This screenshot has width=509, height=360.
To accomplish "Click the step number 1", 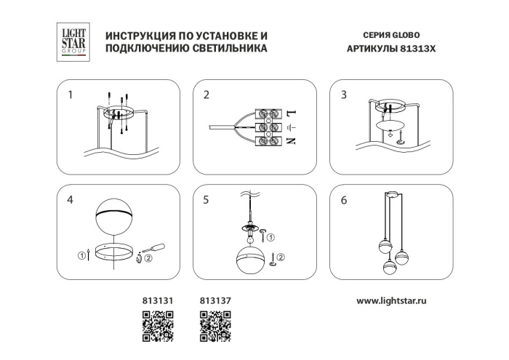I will click(71, 95).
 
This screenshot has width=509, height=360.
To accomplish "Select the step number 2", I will click(207, 95).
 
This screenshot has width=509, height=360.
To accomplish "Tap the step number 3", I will click(344, 95).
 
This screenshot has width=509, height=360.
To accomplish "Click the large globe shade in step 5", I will click(252, 262).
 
